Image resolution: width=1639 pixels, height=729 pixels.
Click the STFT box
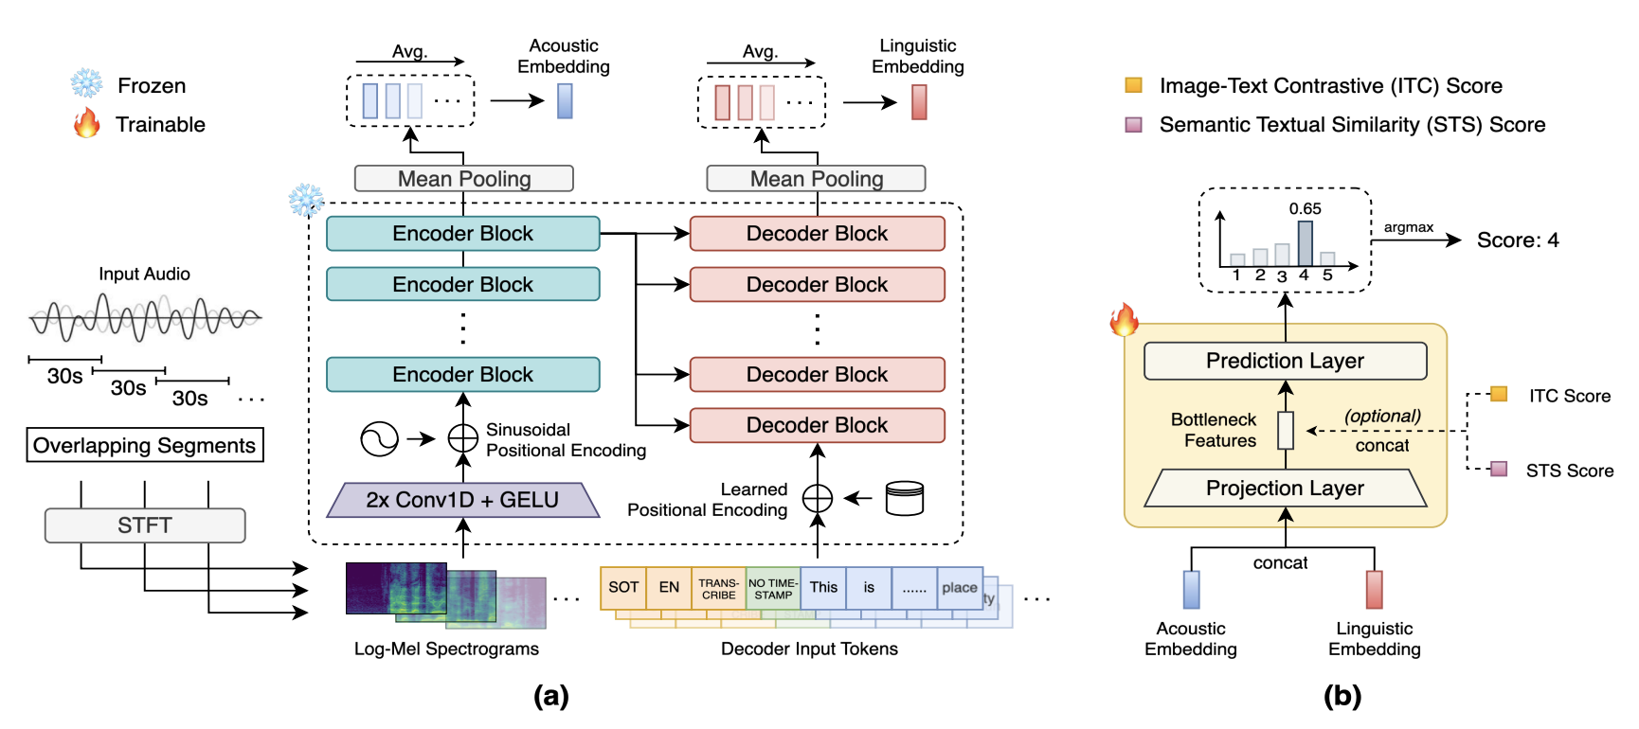[145, 525]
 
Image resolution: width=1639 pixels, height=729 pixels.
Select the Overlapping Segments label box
[145, 445]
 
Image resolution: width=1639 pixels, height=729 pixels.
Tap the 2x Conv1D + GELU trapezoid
[462, 500]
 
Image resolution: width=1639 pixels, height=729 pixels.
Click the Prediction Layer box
[1285, 361]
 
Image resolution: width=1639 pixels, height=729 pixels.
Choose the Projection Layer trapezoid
[1285, 489]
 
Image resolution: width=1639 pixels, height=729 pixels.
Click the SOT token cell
[623, 588]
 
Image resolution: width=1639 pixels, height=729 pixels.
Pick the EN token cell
[669, 588]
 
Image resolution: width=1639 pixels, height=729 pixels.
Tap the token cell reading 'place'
[960, 588]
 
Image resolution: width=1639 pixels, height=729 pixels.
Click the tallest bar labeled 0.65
[1305, 243]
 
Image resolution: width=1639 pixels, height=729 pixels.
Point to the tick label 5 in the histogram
[1327, 276]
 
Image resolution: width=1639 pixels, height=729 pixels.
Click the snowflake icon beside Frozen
[87, 84]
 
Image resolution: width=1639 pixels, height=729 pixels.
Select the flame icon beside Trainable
[87, 123]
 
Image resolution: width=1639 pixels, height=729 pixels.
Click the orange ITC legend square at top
[1133, 85]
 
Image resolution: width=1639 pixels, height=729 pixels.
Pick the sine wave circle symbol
[379, 438]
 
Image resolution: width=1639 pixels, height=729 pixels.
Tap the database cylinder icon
[904, 498]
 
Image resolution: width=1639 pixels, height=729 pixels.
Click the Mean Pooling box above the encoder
[463, 179]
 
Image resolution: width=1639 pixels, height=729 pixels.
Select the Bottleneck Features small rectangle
[1286, 431]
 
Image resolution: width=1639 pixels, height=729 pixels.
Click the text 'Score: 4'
[1517, 240]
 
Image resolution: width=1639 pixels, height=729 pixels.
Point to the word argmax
[1408, 227]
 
